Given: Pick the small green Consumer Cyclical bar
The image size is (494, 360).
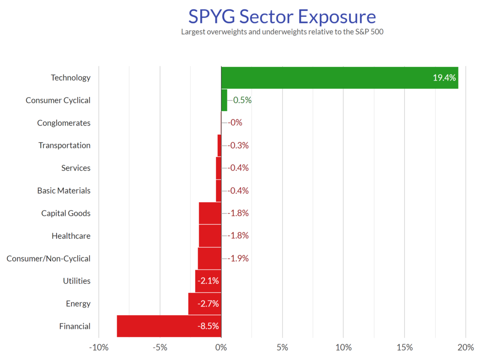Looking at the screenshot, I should click(x=224, y=100).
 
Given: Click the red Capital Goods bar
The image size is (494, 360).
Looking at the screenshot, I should click(x=210, y=213).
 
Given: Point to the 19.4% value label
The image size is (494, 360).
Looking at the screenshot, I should click(x=444, y=78).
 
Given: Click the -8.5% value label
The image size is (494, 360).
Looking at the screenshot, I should click(x=208, y=326).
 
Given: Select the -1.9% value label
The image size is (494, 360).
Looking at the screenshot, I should click(x=238, y=258).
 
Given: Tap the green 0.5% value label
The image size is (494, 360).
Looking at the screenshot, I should click(x=242, y=100).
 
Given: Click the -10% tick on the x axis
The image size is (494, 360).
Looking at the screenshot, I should click(x=98, y=348).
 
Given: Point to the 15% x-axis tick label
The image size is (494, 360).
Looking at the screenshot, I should click(x=404, y=348).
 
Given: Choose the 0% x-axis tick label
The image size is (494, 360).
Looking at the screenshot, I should click(x=221, y=348).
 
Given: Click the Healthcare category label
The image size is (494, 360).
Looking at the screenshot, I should click(x=71, y=236).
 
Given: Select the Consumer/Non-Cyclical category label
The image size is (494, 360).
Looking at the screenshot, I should click(x=48, y=258).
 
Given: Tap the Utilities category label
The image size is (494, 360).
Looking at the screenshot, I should click(x=76, y=281).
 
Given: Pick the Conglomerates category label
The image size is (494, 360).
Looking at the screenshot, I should click(x=64, y=123).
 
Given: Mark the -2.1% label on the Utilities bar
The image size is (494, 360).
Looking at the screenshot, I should click(x=208, y=281).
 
